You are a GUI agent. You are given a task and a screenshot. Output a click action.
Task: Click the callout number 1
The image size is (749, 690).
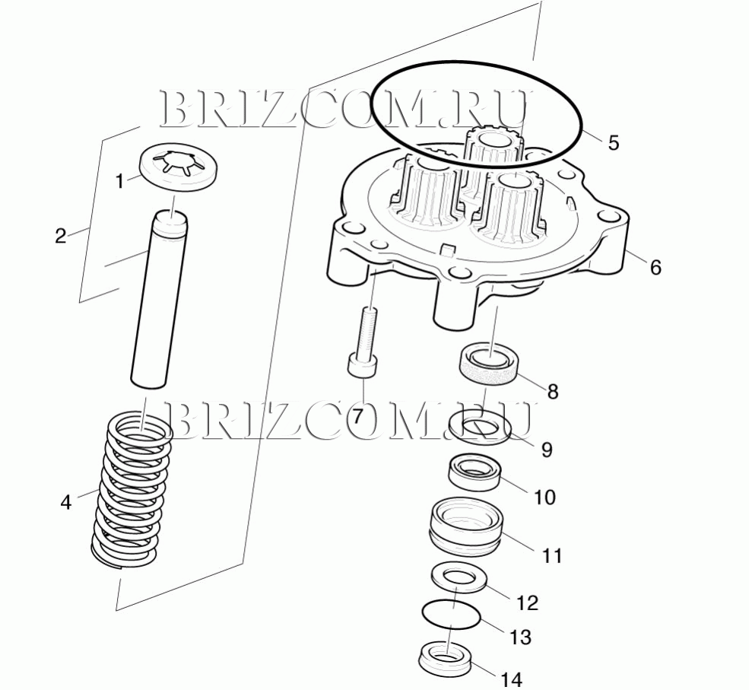point(120,181)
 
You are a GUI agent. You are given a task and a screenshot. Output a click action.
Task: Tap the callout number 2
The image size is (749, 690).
point(61,236)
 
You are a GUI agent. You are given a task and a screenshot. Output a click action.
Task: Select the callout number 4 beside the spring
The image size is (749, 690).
point(66,502)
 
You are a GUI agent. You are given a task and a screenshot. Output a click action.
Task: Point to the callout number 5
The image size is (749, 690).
point(614,142)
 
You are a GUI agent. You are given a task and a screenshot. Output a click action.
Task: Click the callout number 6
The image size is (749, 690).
point(655,268)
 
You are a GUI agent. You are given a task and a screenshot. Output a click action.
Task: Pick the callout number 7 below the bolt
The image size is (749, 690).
point(358,415)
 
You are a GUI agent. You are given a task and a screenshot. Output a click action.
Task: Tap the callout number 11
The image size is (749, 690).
point(552,555)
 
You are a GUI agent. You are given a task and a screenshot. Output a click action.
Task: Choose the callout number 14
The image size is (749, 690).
point(512,679)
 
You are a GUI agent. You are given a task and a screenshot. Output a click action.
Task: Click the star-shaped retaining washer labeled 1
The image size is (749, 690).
point(179,167)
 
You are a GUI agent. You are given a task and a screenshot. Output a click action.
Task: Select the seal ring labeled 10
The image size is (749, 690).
point(474,472)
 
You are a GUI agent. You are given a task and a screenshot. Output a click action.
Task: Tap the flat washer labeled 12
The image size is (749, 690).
point(459,577)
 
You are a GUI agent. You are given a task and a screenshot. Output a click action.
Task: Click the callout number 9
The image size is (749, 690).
point(547,449)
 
